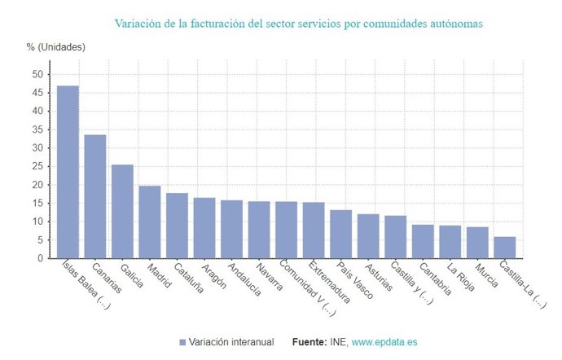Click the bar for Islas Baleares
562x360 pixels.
68,172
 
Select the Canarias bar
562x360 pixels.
95,196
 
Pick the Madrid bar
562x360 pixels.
150,222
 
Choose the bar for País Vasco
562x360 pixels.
340,234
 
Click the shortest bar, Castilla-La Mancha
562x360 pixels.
505,248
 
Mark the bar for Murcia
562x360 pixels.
477,243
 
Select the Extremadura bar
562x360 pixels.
314,230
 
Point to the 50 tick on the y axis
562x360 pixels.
37,74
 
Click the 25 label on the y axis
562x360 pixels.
37,166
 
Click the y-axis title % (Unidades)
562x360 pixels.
56,46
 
